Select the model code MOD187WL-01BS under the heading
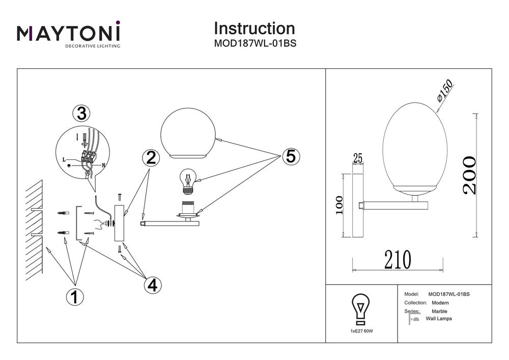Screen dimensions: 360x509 tap(254, 44)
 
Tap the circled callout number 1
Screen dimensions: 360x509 tap(75, 296)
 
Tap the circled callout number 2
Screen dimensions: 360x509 tap(150, 158)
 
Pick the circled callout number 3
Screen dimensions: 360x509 tap(81, 114)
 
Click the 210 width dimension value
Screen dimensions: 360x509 tap(398, 260)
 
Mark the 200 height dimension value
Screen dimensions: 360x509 tap(469, 175)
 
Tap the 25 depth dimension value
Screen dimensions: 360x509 tap(358, 159)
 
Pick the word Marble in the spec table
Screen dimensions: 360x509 tap(439, 311)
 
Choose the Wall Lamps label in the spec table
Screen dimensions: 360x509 tap(438, 319)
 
